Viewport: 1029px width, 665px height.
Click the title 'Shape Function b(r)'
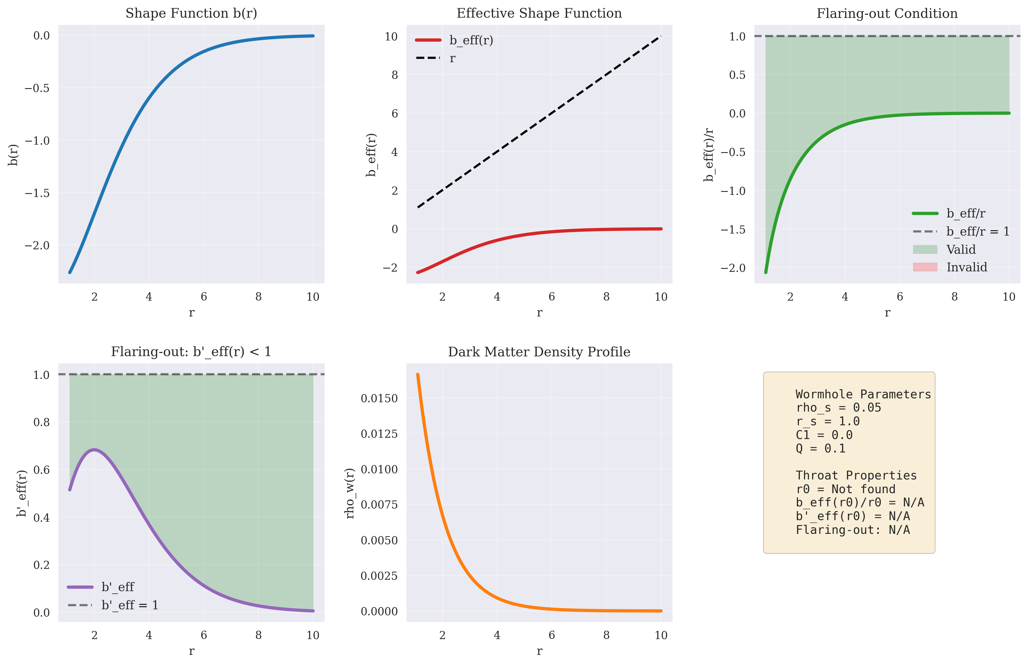pyautogui.click(x=191, y=13)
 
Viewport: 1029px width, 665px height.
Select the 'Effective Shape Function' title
pyautogui.click(x=539, y=13)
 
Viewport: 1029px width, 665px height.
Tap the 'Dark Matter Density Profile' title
pyautogui.click(x=539, y=352)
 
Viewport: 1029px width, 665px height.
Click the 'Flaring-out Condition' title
pyautogui.click(x=887, y=13)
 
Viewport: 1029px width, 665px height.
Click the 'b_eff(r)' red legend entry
pyautogui.click(x=454, y=40)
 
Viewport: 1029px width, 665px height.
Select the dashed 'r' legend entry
pyautogui.click(x=435, y=58)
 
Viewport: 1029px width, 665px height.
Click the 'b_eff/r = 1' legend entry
pyautogui.click(x=961, y=231)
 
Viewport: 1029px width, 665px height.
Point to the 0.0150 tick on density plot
pyautogui.click(x=379, y=398)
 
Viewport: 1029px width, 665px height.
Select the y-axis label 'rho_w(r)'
pyautogui.click(x=350, y=493)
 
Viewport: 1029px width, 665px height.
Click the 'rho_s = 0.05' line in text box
pyautogui.click(x=838, y=408)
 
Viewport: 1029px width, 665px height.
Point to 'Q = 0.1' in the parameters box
pyautogui.click(x=820, y=449)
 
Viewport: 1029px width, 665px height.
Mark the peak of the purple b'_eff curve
pyautogui.click(x=94, y=450)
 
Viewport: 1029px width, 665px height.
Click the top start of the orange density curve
pyautogui.click(x=418, y=374)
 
